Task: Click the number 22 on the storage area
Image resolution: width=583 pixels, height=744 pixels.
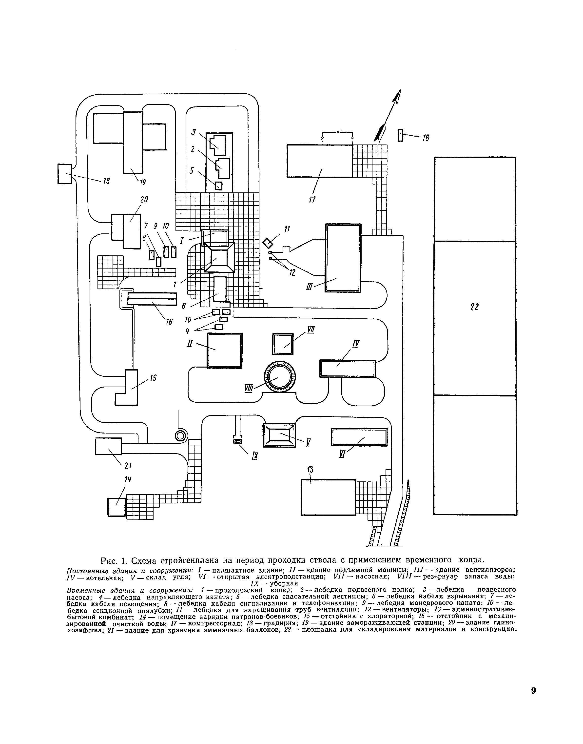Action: [x=474, y=307]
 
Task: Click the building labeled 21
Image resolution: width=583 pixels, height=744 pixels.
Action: [x=108, y=446]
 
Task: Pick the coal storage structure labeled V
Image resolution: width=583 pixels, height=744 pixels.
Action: [x=279, y=435]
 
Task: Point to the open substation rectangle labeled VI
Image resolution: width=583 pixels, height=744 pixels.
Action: [x=359, y=437]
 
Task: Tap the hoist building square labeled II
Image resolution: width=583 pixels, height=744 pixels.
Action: [x=225, y=351]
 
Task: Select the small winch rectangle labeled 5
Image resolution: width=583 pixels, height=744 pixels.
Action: [x=219, y=186]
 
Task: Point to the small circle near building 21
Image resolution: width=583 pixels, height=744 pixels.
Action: [x=181, y=435]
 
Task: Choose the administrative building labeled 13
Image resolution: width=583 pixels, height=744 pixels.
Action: [x=328, y=497]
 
